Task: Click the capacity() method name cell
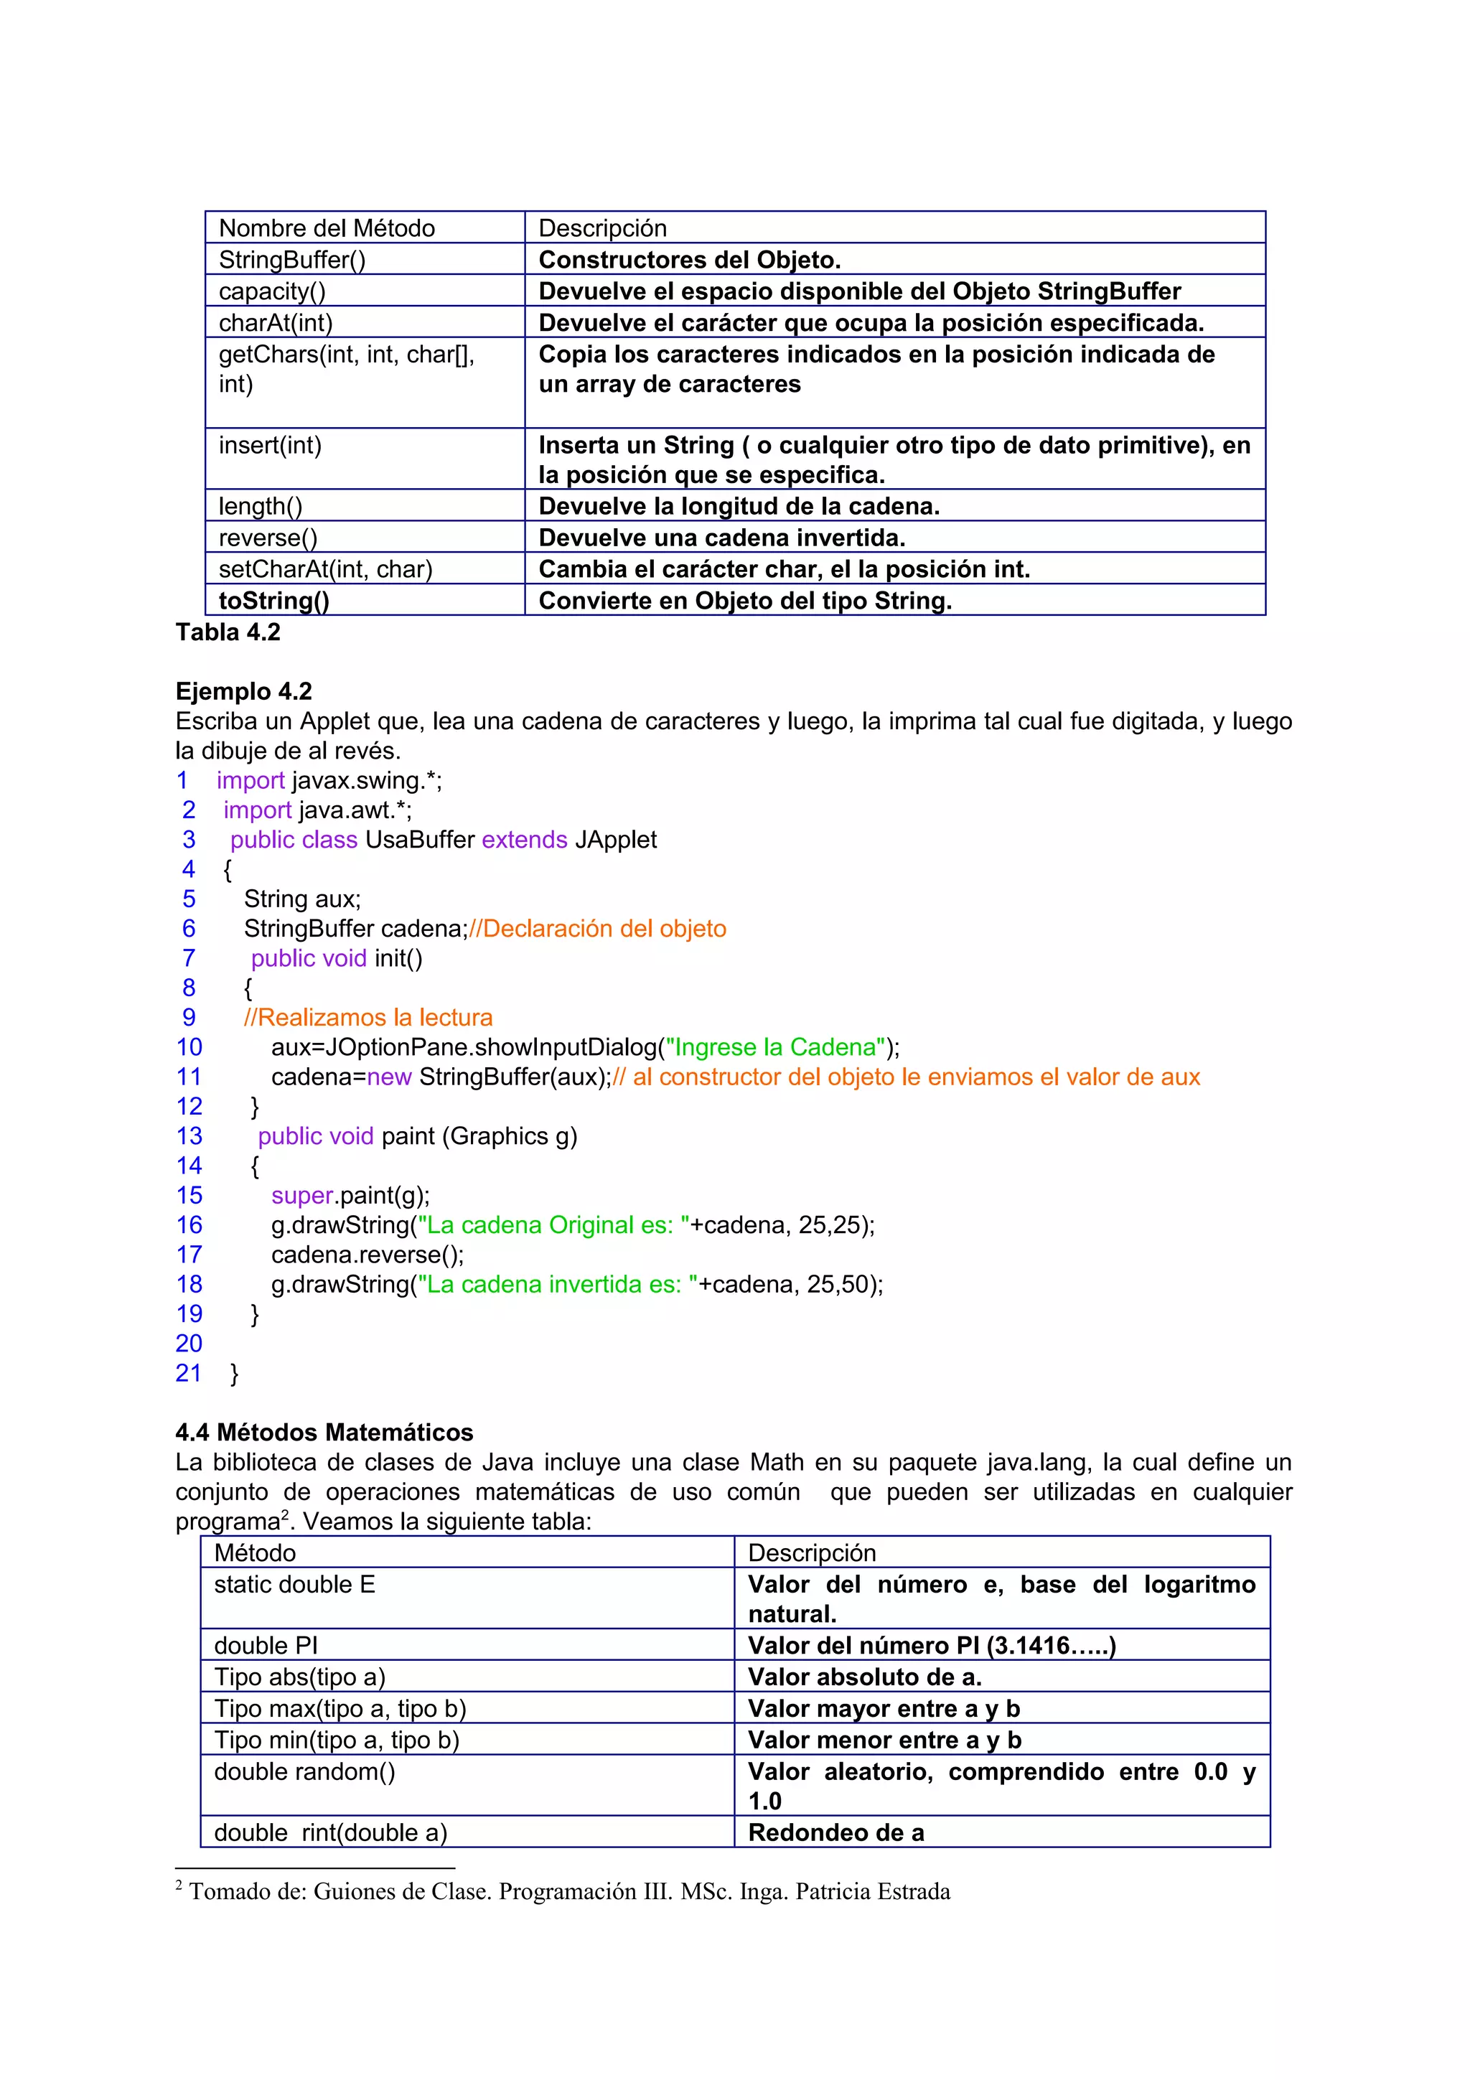click(272, 291)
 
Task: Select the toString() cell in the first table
click(273, 601)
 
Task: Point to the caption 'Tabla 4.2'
click(228, 632)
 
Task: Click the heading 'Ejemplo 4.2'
click(243, 691)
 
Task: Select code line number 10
click(189, 1047)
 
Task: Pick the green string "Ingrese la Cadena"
click(775, 1047)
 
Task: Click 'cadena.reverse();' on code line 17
click(367, 1255)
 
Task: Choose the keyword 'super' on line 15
click(301, 1196)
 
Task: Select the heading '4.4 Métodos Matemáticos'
click(324, 1433)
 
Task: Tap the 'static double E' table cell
click(294, 1585)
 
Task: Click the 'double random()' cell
click(304, 1772)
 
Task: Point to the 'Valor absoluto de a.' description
click(864, 1678)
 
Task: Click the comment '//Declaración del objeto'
click(598, 929)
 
